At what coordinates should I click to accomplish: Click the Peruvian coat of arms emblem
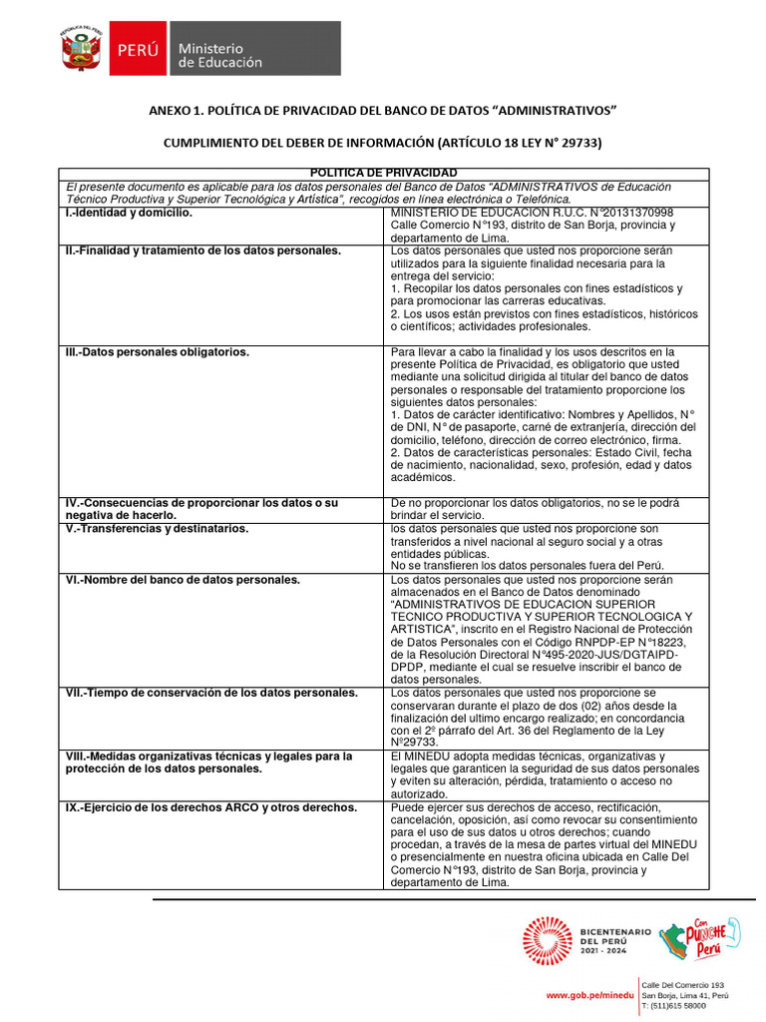81,49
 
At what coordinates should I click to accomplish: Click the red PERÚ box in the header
141,49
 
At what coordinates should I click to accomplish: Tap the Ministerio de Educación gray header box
255,49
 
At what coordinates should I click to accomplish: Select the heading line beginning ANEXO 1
383,109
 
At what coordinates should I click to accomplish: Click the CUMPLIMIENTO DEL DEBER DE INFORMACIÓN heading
383,143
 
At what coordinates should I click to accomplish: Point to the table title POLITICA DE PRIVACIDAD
383,174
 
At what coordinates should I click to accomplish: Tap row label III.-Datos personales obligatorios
158,352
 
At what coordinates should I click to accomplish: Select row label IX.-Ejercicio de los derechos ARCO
210,806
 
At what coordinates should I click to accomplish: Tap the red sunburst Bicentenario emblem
548,941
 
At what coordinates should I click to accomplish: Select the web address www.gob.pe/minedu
589,996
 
